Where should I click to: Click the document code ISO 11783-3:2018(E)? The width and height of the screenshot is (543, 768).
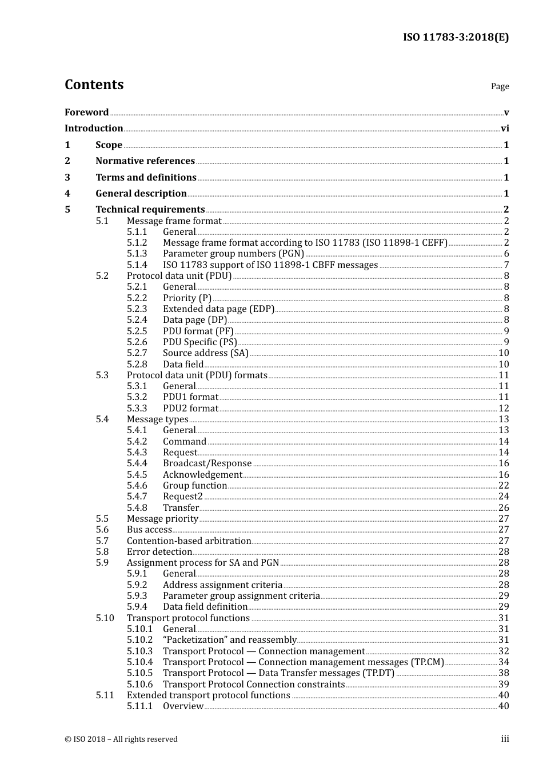pyautogui.click(x=456, y=37)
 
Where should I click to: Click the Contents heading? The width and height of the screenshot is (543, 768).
pyautogui.click(x=94, y=85)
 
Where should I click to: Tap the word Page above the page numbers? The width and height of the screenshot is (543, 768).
pyautogui.click(x=500, y=86)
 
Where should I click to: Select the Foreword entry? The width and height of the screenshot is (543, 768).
pyautogui.click(x=86, y=113)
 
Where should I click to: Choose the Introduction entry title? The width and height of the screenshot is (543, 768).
pyautogui.click(x=94, y=129)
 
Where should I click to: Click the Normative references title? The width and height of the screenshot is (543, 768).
pyautogui.click(x=145, y=161)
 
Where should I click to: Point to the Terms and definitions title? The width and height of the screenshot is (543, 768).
pyautogui.click(x=146, y=178)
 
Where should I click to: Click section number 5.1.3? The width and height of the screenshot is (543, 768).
pyautogui.click(x=137, y=254)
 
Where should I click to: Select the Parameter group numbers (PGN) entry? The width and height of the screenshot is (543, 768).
pyautogui.click(x=233, y=254)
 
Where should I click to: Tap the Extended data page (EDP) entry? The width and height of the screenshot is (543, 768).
pyautogui.click(x=218, y=309)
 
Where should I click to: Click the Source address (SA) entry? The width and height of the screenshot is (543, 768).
pyautogui.click(x=206, y=353)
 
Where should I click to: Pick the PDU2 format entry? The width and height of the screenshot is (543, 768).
pyautogui.click(x=190, y=409)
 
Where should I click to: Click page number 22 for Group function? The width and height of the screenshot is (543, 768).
pyautogui.click(x=504, y=486)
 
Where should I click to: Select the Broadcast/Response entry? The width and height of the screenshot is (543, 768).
pyautogui.click(x=207, y=463)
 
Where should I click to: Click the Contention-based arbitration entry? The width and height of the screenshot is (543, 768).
pyautogui.click(x=189, y=541)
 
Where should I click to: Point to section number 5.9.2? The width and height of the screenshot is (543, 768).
pyautogui.click(x=137, y=585)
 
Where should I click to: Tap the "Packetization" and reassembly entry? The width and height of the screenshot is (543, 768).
pyautogui.click(x=229, y=640)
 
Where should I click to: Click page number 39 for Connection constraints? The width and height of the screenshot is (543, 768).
pyautogui.click(x=504, y=685)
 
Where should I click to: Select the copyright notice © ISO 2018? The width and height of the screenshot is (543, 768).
pyautogui.click(x=121, y=739)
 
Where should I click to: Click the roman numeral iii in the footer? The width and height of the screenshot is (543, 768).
pyautogui.click(x=505, y=739)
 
